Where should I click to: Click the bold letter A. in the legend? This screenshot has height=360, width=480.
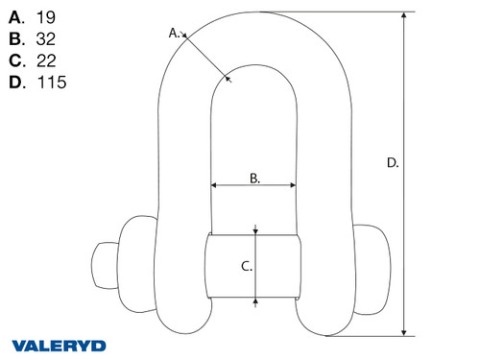click(16, 16)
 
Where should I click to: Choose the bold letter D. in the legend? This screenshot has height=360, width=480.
click(16, 82)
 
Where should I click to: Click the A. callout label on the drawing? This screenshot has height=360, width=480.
click(175, 33)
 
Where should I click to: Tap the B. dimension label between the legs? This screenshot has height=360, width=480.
click(254, 177)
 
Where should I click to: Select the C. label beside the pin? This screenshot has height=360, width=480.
click(246, 267)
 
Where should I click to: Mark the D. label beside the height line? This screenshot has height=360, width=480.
click(392, 163)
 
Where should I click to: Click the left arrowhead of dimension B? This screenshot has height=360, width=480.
click(214, 185)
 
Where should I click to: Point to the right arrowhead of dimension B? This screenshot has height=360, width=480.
click(293, 185)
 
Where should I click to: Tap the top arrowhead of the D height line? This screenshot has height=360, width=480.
click(407, 14)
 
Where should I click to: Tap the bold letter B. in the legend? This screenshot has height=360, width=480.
click(16, 38)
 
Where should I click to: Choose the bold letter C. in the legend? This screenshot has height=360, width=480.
click(16, 60)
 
